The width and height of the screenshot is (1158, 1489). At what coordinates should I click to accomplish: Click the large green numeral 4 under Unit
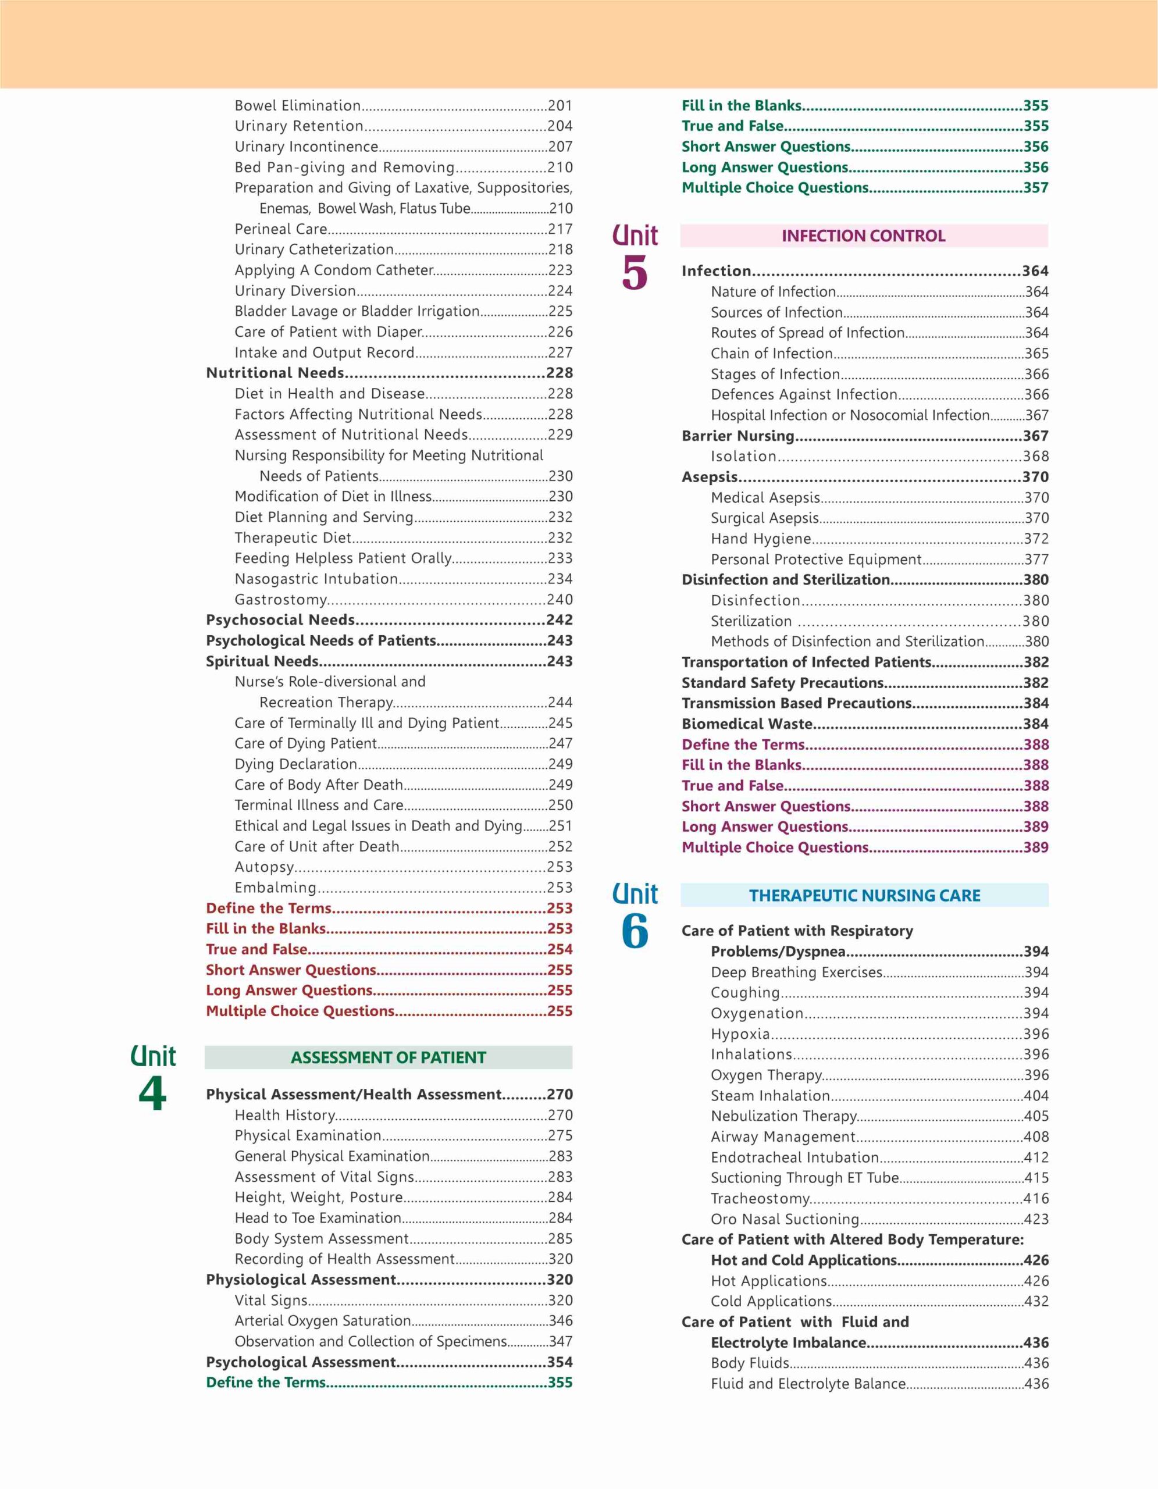tap(152, 1095)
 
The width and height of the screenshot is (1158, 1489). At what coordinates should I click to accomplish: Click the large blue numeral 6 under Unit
tap(635, 931)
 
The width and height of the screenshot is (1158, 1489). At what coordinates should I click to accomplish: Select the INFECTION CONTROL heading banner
tap(864, 236)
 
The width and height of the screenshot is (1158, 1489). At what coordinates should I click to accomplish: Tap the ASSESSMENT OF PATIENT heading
tap(388, 1057)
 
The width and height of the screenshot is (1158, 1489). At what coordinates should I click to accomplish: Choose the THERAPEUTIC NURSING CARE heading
tap(864, 895)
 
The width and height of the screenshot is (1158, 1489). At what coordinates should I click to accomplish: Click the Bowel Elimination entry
tap(298, 106)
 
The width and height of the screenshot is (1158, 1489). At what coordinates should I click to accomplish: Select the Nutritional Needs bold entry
tap(275, 373)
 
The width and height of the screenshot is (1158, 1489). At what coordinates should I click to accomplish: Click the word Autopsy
tap(265, 867)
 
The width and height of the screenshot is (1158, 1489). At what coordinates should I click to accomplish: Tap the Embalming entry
tap(275, 888)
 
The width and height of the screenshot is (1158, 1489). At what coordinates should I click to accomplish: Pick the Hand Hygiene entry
tap(761, 539)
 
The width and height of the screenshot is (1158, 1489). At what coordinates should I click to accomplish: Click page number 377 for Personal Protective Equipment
tap(1036, 560)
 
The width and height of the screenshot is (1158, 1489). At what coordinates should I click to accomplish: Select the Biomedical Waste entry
tap(747, 724)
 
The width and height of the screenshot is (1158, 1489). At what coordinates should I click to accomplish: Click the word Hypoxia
tap(740, 1034)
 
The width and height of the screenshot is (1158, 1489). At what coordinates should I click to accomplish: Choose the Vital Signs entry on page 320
tap(271, 1300)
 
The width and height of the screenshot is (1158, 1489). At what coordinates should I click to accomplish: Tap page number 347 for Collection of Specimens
tap(560, 1341)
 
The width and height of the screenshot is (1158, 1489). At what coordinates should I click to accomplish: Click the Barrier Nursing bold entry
tap(738, 436)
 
